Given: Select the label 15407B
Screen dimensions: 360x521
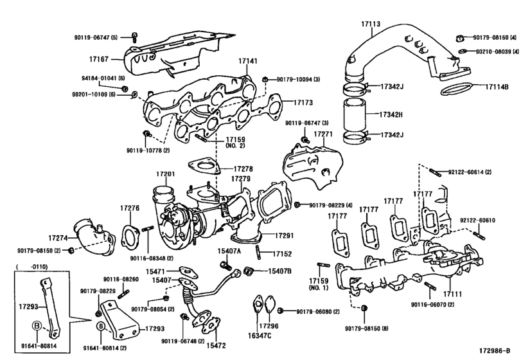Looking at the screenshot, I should click(280, 271).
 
